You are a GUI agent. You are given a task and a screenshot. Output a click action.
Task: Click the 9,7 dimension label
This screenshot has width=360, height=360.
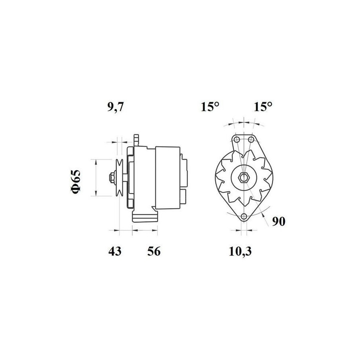(116, 107)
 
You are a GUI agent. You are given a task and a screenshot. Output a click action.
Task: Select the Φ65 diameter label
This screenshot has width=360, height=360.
(76, 182)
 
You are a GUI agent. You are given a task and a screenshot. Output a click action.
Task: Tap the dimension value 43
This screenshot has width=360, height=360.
(115, 251)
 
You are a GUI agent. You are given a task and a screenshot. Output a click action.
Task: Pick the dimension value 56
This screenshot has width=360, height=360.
(154, 251)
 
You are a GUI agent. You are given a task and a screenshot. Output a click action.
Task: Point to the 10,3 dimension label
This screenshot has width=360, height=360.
(240, 252)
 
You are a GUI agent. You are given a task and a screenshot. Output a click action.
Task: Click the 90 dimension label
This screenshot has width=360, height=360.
(278, 221)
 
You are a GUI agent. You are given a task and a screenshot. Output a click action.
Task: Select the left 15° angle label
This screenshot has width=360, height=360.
(210, 107)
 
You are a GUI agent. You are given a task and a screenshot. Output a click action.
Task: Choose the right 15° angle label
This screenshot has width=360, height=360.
(263, 107)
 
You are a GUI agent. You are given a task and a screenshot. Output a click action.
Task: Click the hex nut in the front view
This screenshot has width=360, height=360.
(243, 178)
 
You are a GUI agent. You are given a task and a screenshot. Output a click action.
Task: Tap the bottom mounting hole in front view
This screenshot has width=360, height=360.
(244, 216)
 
